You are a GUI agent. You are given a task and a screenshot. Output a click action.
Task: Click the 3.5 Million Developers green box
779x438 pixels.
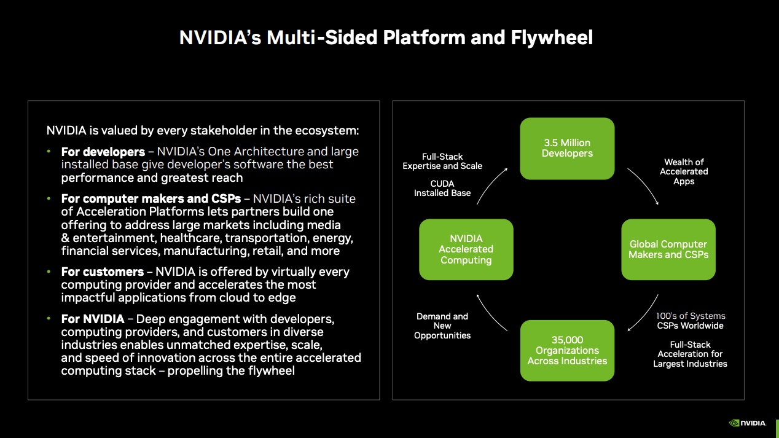[567, 148]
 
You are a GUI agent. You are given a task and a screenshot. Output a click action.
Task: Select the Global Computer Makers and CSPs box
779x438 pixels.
[668, 249]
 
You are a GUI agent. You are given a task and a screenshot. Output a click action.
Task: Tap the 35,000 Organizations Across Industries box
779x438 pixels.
[567, 350]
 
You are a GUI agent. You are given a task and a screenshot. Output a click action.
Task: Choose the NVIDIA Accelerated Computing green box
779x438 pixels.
[466, 249]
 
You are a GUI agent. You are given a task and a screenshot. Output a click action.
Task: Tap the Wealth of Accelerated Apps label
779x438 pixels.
[684, 171]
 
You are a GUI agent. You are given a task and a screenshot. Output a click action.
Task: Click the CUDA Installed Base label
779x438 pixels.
[442, 188]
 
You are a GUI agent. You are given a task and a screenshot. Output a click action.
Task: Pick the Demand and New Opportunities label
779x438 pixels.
[442, 326]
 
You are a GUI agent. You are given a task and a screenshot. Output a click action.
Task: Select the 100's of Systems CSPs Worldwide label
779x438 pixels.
[691, 321]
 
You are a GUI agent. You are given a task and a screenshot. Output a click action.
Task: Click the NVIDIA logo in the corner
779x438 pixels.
[747, 423]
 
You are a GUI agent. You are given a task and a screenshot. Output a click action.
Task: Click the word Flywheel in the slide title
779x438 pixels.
[552, 37]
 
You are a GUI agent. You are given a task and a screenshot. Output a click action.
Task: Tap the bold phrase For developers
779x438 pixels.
[103, 151]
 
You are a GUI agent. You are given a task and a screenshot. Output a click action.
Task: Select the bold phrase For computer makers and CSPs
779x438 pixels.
[151, 198]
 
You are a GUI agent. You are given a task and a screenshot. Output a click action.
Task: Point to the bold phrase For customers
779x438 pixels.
[102, 272]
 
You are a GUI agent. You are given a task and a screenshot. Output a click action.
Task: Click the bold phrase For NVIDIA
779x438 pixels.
[92, 319]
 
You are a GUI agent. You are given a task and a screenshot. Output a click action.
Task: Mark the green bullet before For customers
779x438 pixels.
[49, 272]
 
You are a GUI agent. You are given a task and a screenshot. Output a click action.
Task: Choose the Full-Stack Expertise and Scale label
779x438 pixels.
[442, 161]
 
